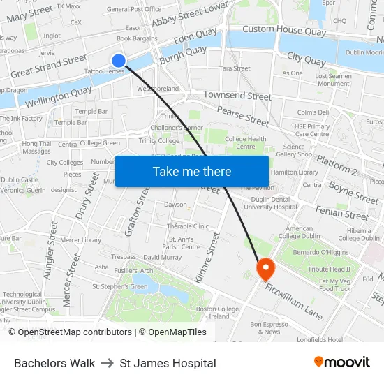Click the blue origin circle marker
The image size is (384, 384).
point(119,61)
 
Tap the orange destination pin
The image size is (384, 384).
point(266,269)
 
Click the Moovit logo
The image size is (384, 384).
point(341,362)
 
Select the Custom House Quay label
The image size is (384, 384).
point(284,30)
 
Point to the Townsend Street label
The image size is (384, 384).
point(237,95)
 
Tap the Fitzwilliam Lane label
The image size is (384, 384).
point(293,300)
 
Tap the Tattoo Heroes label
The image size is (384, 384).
point(104,71)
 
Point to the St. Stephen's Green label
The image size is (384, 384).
point(120,286)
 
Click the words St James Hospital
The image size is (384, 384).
point(168,363)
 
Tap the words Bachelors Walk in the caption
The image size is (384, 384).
point(54,363)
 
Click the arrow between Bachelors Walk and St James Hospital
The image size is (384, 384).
point(108,363)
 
